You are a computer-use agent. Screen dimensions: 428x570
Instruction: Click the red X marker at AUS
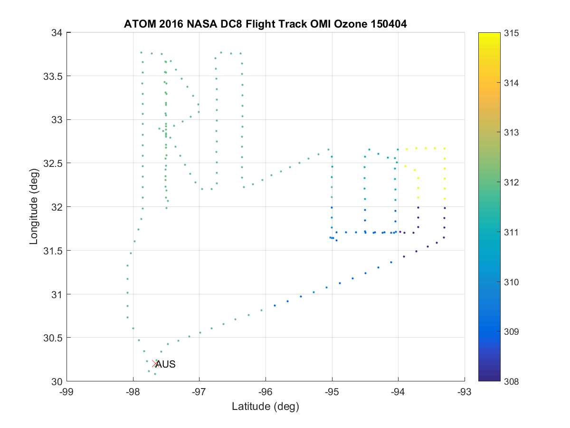click(x=155, y=364)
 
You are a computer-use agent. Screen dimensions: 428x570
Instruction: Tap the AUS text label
click(x=166, y=365)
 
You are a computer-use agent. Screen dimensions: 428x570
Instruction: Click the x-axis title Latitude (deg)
click(x=266, y=406)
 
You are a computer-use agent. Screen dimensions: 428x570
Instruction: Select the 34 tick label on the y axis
click(x=57, y=33)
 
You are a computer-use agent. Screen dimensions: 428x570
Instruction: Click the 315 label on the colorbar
click(x=511, y=33)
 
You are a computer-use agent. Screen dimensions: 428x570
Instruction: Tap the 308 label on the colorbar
click(x=511, y=381)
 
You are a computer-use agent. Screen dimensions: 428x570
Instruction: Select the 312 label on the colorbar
click(x=511, y=182)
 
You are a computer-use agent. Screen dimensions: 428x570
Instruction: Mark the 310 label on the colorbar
click(x=511, y=282)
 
